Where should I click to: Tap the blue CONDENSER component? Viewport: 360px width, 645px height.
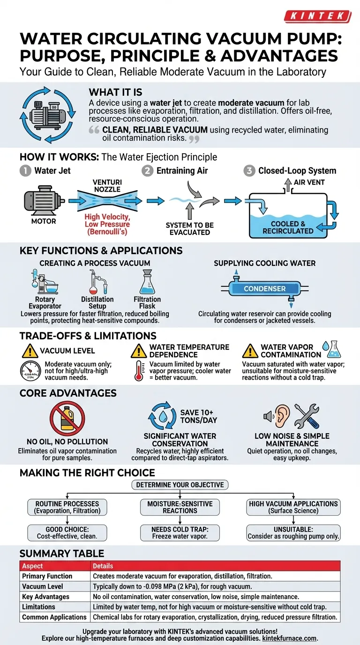265,289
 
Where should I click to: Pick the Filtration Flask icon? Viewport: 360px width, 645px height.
147,283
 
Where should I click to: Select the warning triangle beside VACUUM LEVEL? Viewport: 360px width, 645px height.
30,351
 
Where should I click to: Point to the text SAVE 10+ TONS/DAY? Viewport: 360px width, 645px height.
199,416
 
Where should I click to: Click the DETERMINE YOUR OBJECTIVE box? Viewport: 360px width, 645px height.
180,485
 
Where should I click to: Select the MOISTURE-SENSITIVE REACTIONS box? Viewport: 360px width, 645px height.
180,507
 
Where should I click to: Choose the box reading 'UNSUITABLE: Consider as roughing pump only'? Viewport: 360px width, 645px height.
293,532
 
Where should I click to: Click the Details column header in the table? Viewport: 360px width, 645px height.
103,566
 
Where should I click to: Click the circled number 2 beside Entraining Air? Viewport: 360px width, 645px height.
147,171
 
